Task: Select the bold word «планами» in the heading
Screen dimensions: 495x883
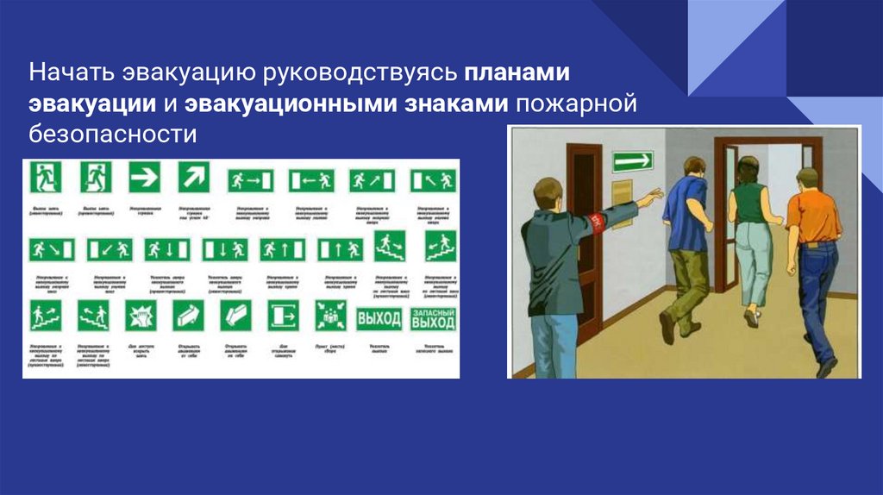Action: [x=520, y=73]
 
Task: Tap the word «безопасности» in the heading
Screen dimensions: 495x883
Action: [x=113, y=134]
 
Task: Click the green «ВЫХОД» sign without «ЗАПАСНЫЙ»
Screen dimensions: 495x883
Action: [x=379, y=318]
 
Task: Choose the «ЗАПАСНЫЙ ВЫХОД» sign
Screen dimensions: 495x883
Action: [x=433, y=318]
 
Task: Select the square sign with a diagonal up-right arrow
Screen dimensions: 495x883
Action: [x=194, y=178]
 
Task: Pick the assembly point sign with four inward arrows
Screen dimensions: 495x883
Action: [x=330, y=316]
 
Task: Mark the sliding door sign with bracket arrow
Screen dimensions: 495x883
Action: [x=282, y=316]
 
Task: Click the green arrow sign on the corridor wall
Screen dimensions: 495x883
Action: [x=632, y=160]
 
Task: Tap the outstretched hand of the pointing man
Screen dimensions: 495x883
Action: [x=654, y=196]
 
